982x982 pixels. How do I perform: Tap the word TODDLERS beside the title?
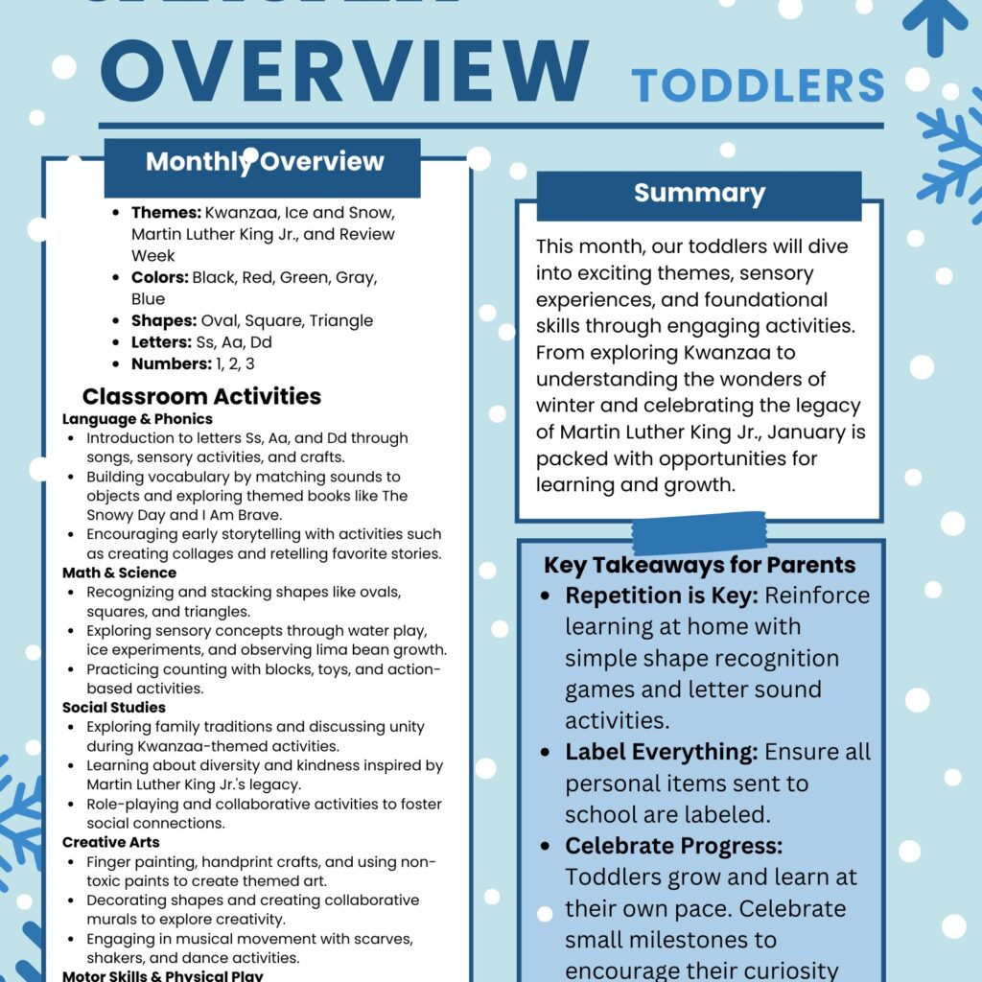(759, 86)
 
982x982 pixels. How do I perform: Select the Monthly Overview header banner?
(263, 162)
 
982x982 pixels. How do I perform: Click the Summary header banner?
(699, 194)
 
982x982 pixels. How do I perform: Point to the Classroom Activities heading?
(201, 397)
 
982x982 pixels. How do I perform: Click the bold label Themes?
(166, 213)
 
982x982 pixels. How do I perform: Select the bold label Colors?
(160, 278)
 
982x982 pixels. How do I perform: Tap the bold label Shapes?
(164, 321)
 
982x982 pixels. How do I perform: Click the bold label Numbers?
(172, 364)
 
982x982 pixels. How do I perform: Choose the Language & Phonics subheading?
(137, 419)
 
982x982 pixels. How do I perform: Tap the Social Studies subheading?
(114, 708)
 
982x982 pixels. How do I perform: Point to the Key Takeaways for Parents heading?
(700, 566)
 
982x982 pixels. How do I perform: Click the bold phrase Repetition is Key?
(662, 596)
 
